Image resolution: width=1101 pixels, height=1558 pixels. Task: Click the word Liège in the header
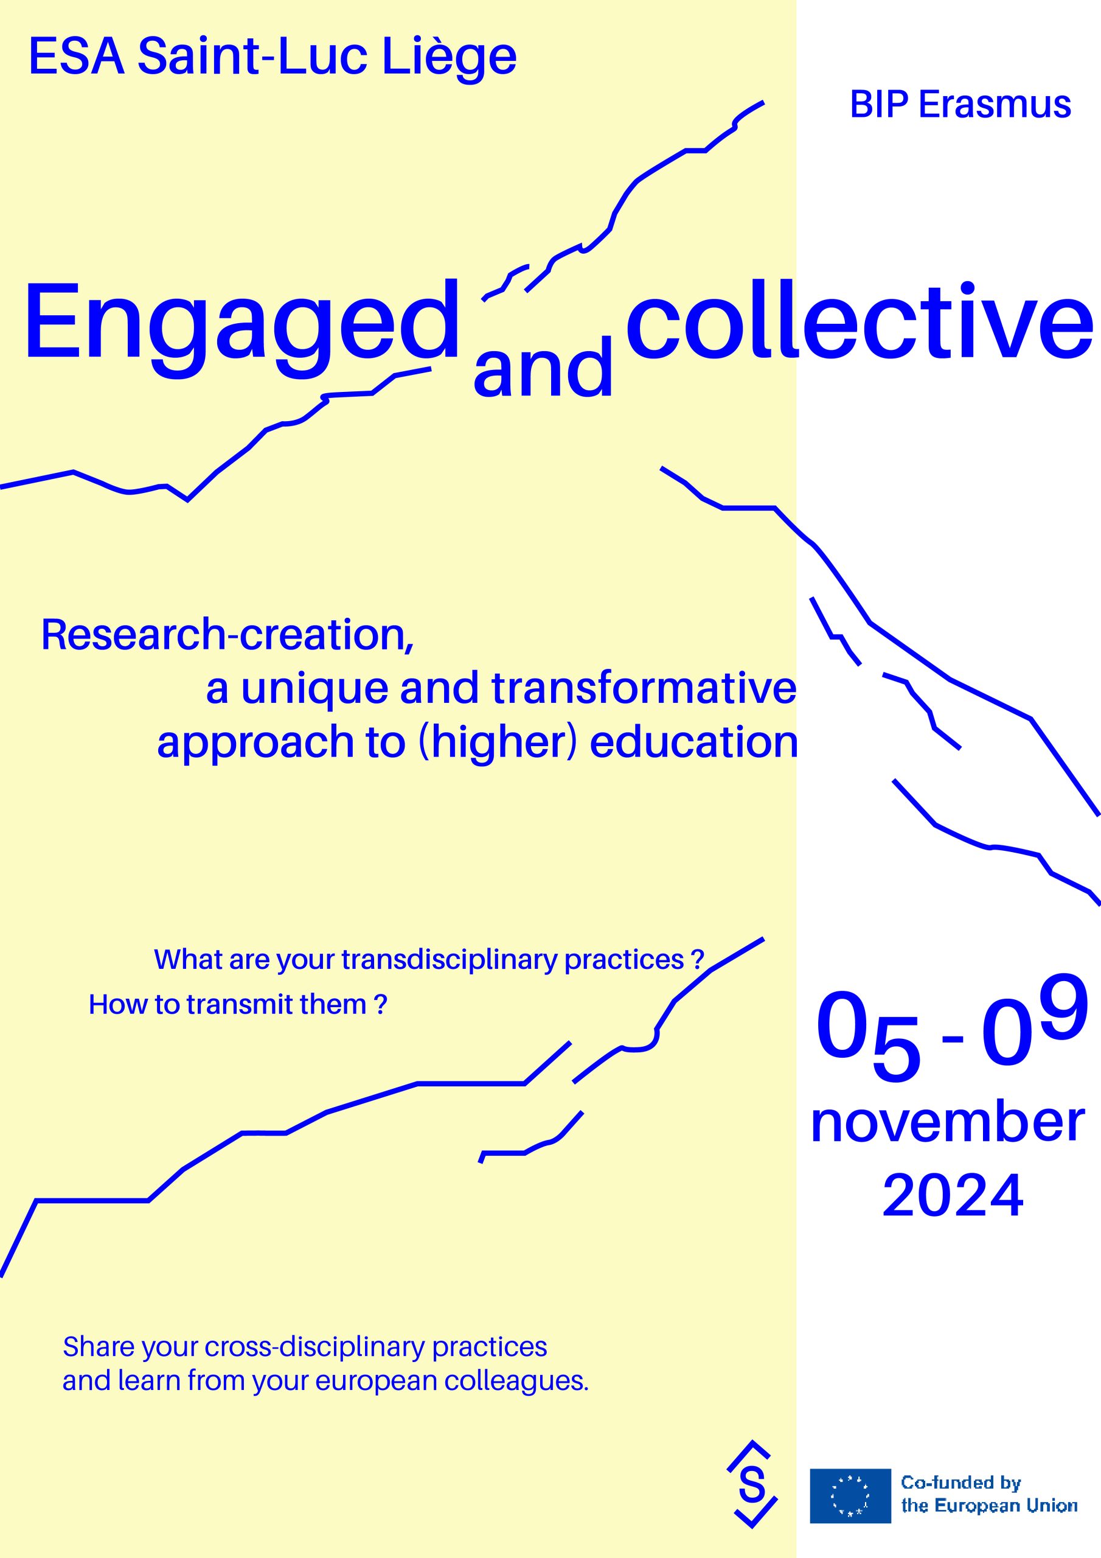449,57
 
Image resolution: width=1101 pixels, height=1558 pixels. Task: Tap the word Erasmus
995,105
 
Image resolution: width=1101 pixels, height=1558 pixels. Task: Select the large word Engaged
242,326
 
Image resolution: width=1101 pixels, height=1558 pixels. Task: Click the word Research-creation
227,636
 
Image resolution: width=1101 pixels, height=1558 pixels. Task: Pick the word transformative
644,688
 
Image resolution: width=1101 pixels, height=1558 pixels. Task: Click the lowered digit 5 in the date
896,1049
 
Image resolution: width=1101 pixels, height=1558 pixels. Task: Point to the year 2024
953,1196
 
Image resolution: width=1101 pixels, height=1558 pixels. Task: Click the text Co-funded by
960,1483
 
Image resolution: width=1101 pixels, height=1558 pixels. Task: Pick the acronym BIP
878,105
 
